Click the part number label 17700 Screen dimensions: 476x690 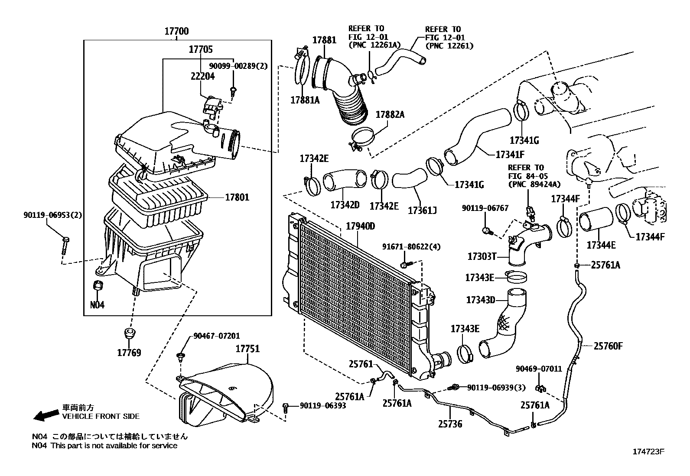(176, 31)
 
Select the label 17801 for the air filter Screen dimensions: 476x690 (237, 198)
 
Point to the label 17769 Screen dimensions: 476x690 (129, 353)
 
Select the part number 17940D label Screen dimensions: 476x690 (360, 227)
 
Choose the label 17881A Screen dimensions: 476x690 (305, 100)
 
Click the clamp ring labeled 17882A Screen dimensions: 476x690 (362, 138)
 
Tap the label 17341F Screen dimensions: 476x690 (510, 154)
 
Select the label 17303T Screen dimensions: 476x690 (482, 256)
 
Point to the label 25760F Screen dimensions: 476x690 (608, 346)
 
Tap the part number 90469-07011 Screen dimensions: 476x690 (538, 369)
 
